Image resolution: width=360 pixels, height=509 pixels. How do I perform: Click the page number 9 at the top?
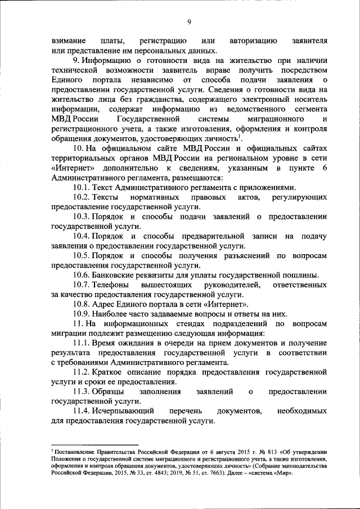pyautogui.click(x=189, y=22)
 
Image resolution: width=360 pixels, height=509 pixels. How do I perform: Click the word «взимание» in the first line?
pyautogui.click(x=69, y=42)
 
